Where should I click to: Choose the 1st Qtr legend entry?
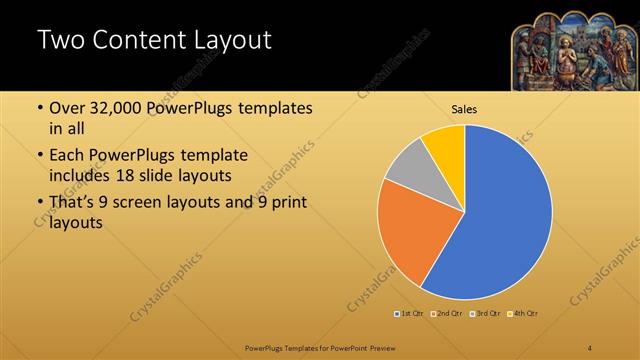point(410,314)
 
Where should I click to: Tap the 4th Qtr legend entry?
point(524,314)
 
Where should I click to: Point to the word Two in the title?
point(58,41)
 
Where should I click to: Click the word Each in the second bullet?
point(68,155)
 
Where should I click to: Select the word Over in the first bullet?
point(68,108)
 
